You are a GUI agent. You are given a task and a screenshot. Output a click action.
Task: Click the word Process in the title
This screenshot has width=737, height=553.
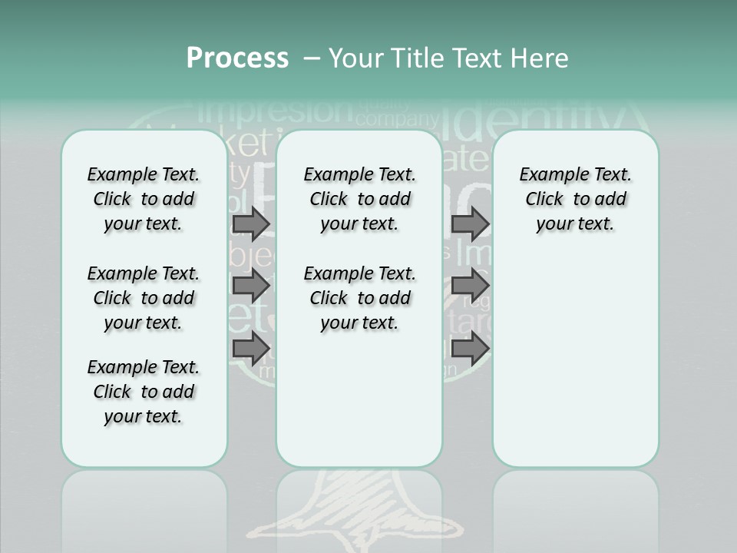click(x=237, y=58)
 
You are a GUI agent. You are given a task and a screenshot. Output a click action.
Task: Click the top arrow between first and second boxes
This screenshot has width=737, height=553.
click(x=250, y=224)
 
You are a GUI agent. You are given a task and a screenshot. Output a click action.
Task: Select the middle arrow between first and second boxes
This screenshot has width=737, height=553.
click(x=250, y=286)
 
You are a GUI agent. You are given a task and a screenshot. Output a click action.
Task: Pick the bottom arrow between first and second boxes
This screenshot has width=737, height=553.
click(x=250, y=347)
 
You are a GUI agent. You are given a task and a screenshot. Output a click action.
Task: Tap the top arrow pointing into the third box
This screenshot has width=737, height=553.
click(x=470, y=224)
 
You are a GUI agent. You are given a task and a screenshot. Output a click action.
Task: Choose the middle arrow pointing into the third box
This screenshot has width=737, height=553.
click(x=470, y=286)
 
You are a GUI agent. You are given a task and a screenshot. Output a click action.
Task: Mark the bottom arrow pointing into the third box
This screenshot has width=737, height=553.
click(x=470, y=349)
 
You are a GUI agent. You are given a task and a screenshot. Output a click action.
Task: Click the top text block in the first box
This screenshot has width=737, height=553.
click(x=144, y=199)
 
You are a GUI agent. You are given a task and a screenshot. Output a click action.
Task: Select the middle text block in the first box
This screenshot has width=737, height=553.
click(x=144, y=298)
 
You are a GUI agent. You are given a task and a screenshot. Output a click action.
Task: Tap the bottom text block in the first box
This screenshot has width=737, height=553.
click(x=144, y=392)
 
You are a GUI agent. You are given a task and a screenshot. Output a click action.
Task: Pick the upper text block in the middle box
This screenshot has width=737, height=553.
click(x=359, y=199)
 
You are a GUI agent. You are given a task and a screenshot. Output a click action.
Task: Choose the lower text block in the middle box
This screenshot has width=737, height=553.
click(x=359, y=298)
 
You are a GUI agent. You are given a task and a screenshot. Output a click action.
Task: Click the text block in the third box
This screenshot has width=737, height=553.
click(x=575, y=199)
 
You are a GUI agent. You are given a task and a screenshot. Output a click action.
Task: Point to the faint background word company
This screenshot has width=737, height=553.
click(x=395, y=119)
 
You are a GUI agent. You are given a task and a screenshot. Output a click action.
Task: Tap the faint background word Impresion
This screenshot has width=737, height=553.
click(x=276, y=111)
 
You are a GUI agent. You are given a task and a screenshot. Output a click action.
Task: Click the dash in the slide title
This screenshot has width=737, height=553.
click(x=312, y=59)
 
